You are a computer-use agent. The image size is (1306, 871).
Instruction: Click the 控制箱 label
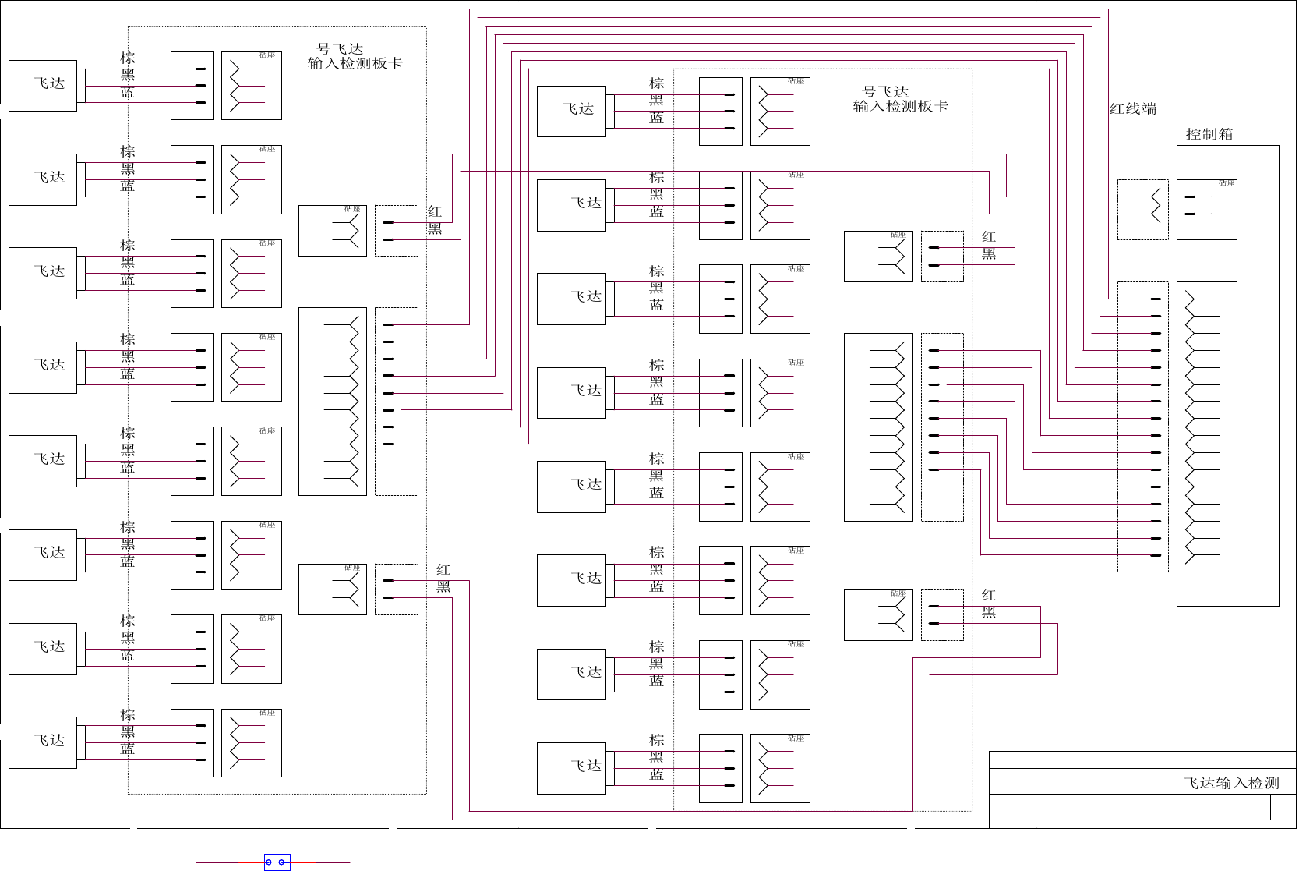1209,134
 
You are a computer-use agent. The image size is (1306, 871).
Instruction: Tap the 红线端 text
1133,109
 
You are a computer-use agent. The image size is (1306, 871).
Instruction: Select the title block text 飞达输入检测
1231,783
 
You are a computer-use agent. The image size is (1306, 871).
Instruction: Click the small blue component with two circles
277,862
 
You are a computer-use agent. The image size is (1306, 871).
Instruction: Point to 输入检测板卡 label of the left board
355,64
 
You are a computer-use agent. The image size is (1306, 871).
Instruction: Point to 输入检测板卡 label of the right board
901,107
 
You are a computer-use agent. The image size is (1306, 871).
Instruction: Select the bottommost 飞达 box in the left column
43,742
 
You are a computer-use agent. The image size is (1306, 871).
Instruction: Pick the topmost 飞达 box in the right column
571,111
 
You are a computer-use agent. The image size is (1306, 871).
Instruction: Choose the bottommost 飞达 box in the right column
571,768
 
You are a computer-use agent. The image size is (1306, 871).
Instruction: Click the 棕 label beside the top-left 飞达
128,58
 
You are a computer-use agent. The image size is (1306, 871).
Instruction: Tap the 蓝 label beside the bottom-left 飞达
128,749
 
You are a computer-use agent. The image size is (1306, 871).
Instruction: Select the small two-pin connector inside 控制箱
1206,209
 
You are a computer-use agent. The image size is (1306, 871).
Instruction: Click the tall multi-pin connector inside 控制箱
1206,427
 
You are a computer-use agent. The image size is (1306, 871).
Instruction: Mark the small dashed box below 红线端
1142,209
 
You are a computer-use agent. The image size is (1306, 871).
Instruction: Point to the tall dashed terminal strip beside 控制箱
1142,427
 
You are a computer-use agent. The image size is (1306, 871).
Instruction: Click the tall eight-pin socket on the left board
333,401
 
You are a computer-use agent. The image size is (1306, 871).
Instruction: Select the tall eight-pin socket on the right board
878,427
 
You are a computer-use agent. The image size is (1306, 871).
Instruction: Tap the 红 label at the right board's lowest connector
989,596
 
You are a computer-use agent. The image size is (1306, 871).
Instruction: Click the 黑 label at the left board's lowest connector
443,587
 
